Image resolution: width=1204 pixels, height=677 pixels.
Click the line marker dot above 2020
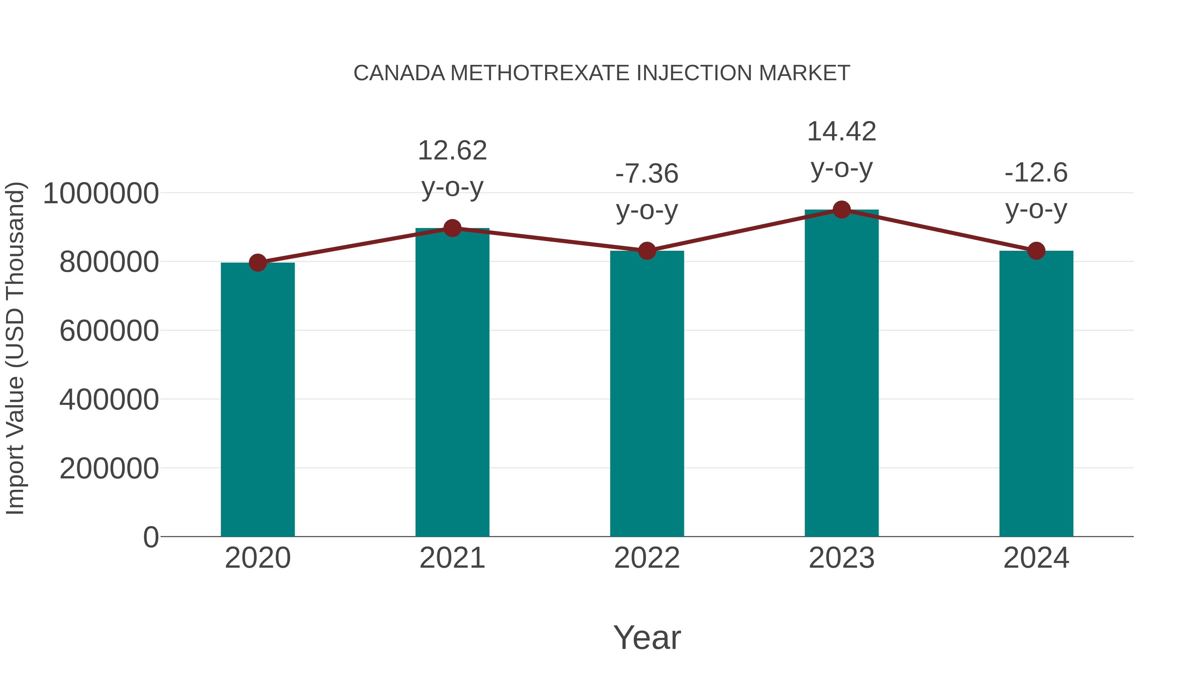[x=258, y=262]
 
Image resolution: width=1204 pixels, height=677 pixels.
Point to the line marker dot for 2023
[x=841, y=210]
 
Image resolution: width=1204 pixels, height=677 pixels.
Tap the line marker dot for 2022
[x=647, y=251]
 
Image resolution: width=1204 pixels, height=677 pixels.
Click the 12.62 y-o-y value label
[x=452, y=151]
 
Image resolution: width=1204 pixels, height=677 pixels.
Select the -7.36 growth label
[x=647, y=174]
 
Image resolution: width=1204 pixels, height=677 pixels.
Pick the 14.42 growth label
[x=841, y=132]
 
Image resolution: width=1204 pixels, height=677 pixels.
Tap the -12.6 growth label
[x=1036, y=173]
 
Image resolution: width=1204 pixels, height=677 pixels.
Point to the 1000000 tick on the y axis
[x=100, y=194]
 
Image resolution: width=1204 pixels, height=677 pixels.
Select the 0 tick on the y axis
[x=150, y=537]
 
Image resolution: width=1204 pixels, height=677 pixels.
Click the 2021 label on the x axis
[x=452, y=558]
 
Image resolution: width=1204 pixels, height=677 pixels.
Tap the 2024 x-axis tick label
[x=1036, y=558]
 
